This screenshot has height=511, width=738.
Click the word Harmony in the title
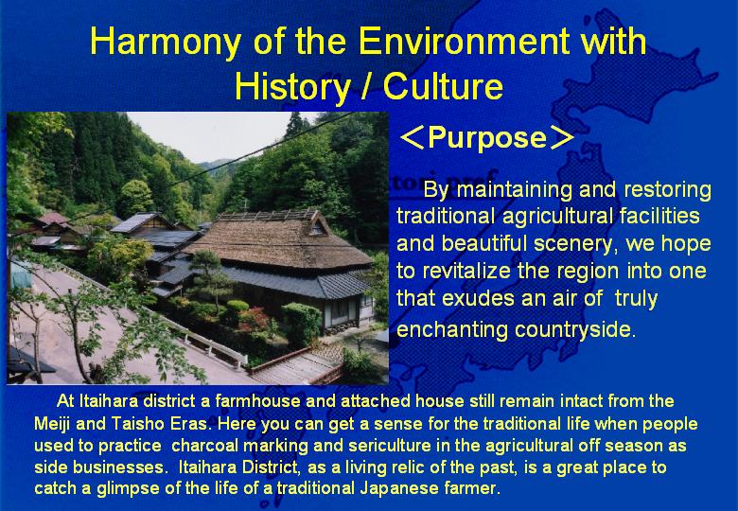click(165, 42)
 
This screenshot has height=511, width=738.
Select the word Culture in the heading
click(443, 86)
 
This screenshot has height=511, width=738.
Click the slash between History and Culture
click(366, 87)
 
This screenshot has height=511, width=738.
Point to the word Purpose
click(487, 137)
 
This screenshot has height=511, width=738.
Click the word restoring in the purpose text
click(667, 189)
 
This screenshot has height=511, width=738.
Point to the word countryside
click(575, 329)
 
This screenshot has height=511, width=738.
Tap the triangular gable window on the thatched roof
click(317, 229)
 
